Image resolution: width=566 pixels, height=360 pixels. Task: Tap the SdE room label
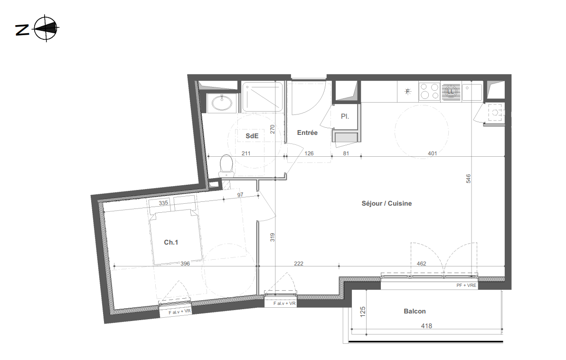tap(252, 136)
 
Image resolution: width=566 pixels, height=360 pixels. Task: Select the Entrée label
tap(307, 133)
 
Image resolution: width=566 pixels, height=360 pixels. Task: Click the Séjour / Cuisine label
tap(387, 203)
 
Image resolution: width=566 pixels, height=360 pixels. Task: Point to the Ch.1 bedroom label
tap(171, 242)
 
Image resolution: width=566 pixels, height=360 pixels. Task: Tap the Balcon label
tap(415, 311)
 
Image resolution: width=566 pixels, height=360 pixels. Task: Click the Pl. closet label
tap(345, 116)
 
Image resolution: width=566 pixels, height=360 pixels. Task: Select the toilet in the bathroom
tap(226, 166)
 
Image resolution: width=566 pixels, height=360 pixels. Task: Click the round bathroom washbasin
tap(222, 103)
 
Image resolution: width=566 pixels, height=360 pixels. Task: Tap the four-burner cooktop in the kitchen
tap(429, 91)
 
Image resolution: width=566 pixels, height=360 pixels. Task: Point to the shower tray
tap(263, 97)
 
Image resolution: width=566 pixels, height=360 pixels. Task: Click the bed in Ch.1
tap(176, 237)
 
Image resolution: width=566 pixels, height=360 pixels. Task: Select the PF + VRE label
tap(466, 285)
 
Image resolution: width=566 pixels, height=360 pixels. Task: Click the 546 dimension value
tap(468, 179)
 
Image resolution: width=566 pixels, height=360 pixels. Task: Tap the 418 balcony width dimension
tap(426, 326)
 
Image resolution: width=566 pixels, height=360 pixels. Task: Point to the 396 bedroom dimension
tap(185, 264)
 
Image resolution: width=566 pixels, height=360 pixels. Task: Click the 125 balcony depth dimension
tap(363, 312)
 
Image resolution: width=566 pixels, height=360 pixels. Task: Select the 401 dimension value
tap(433, 153)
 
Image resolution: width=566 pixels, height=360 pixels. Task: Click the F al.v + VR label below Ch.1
tap(179, 312)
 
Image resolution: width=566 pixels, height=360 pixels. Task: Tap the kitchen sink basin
tap(472, 93)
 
